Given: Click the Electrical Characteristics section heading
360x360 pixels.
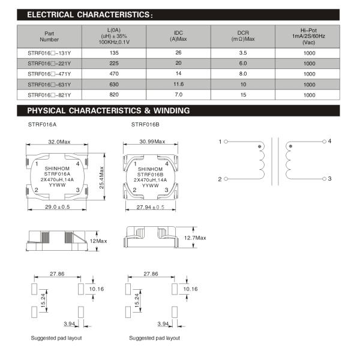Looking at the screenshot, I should click(90, 14).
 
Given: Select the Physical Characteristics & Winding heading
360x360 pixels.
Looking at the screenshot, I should click(109, 110).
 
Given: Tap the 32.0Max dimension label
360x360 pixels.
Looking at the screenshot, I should click(59, 142).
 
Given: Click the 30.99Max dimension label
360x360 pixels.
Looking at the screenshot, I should click(150, 142).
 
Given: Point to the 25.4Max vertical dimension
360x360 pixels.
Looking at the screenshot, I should click(103, 176).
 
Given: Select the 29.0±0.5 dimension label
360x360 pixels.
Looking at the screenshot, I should click(57, 207).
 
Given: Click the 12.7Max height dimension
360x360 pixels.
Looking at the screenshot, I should click(195, 238).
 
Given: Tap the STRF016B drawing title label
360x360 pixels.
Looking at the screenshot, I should click(145, 125).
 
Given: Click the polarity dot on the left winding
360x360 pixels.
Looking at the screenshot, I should click(259, 146).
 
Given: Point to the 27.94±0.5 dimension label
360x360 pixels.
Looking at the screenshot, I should click(151, 207).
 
